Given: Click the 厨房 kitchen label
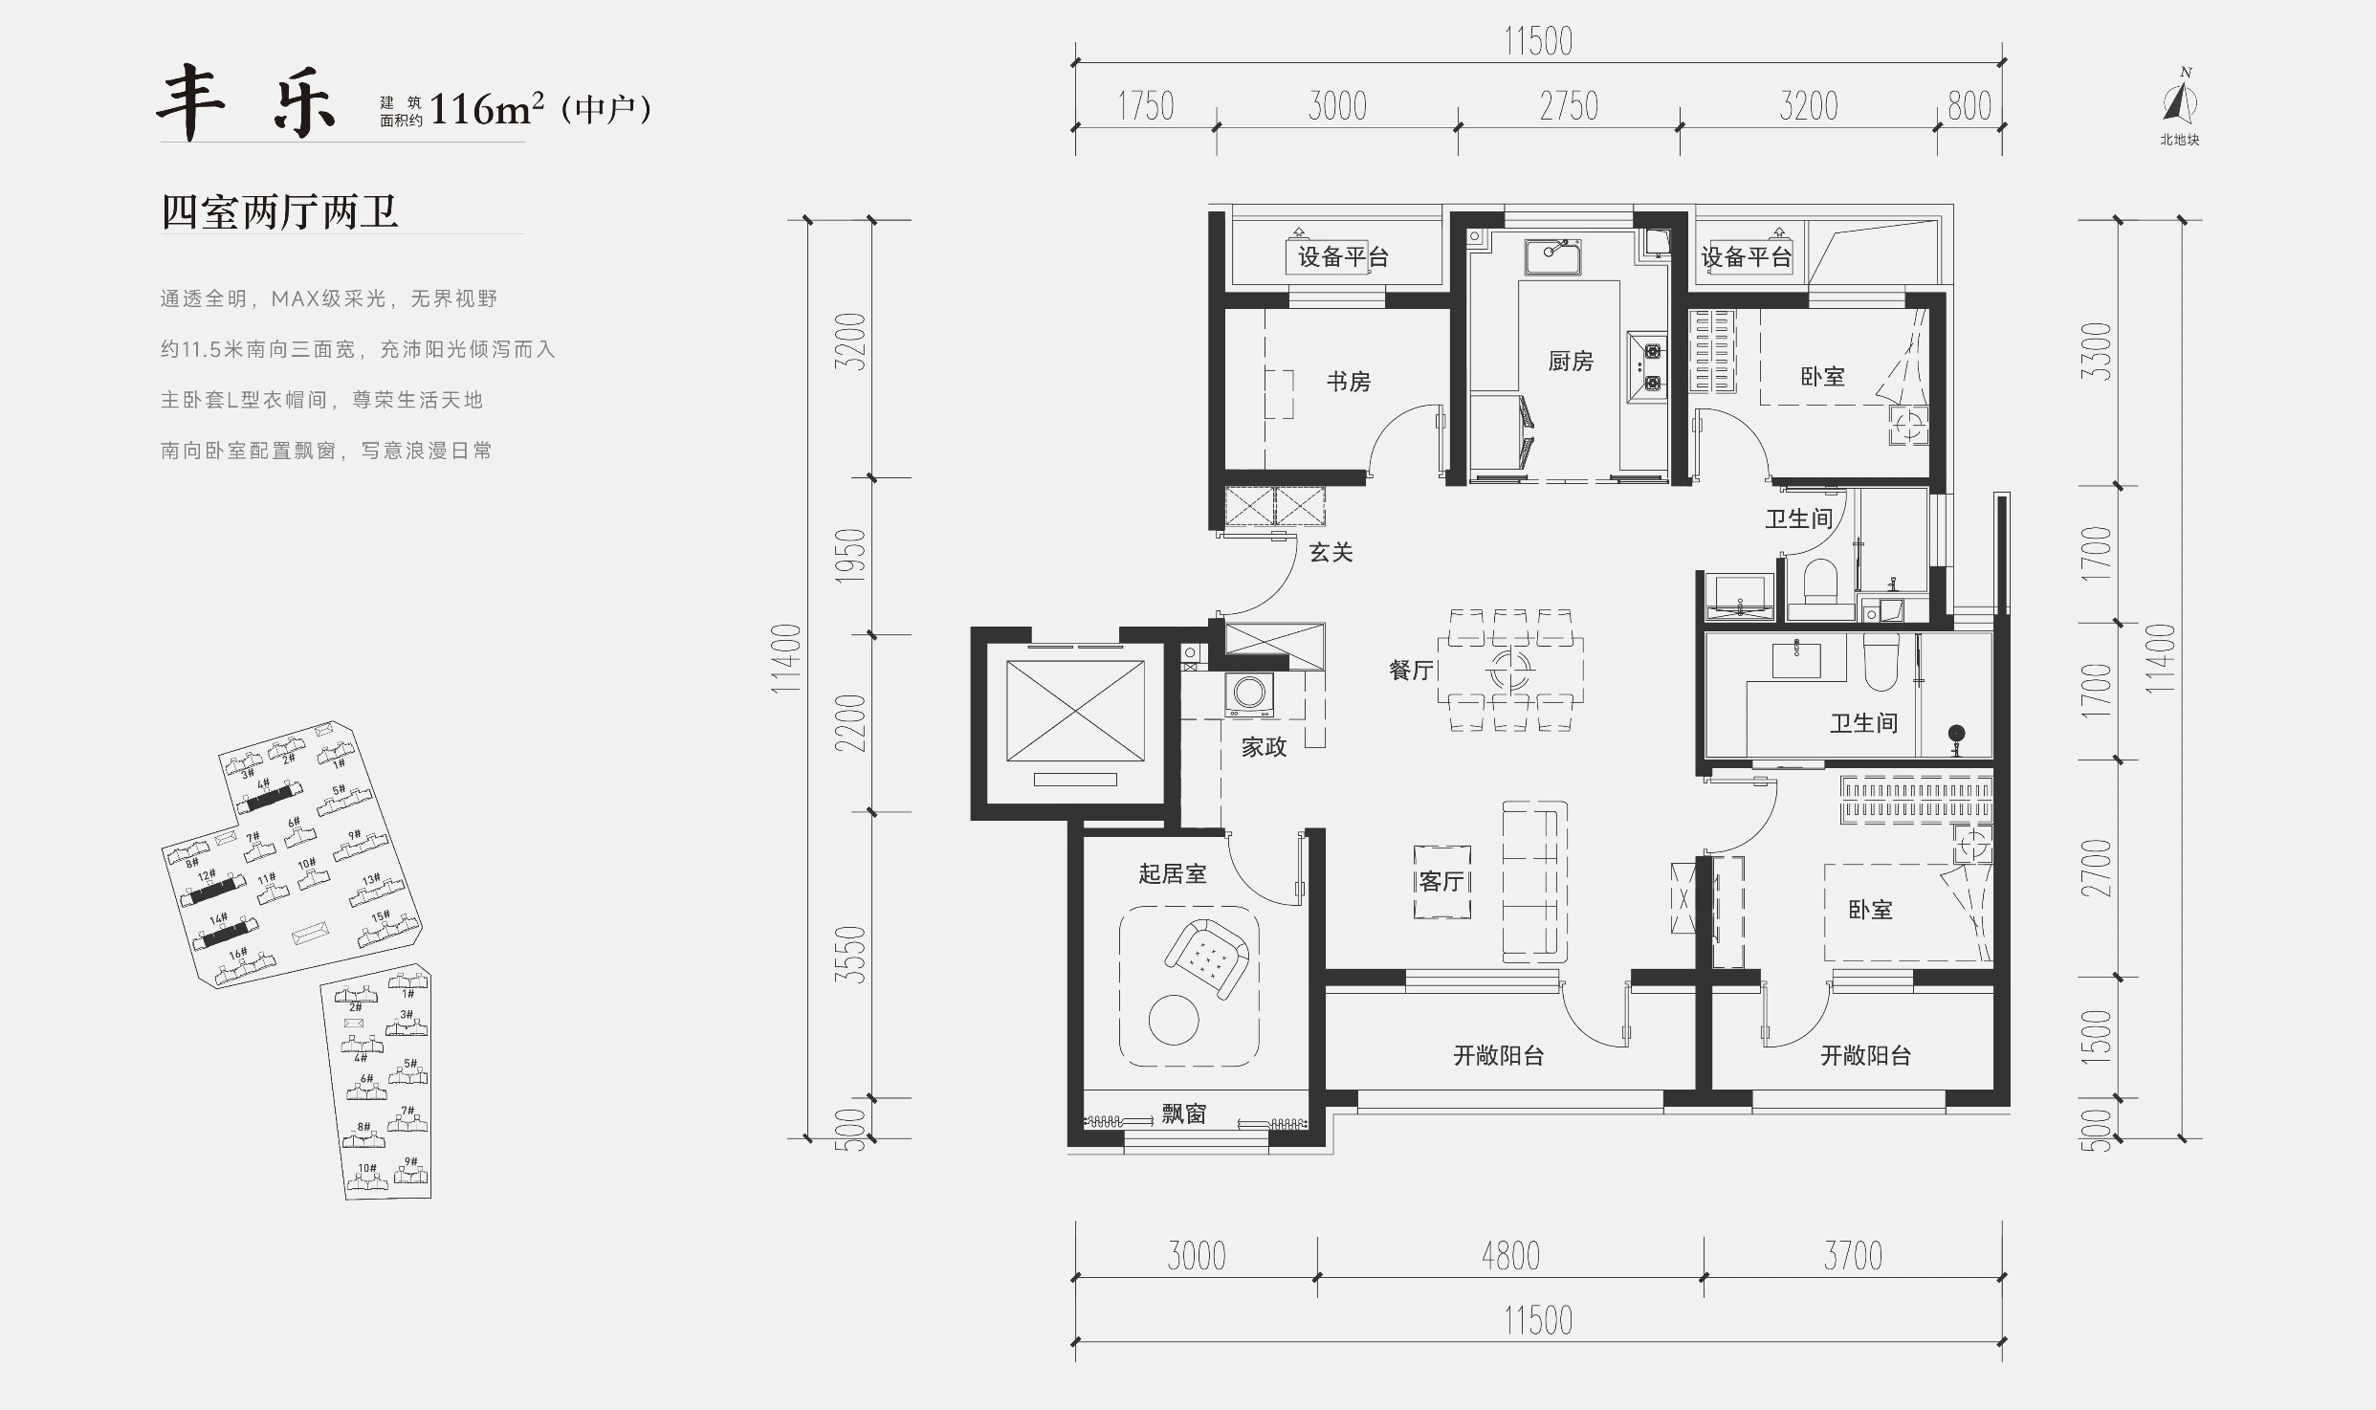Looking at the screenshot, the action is click(x=1571, y=361).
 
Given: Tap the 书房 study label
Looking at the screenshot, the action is click(x=1349, y=382).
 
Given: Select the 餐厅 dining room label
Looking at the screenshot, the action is click(x=1412, y=670).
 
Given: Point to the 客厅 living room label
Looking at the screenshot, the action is click(x=1442, y=881).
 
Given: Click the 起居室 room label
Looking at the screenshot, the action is click(x=1173, y=873).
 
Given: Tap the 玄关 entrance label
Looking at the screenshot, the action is click(x=1331, y=552).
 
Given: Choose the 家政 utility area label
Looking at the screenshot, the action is click(x=1264, y=747).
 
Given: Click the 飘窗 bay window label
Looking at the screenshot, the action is click(x=1184, y=1113).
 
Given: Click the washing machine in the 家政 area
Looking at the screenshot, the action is click(x=1249, y=694).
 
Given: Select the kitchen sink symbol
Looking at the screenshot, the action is click(x=1552, y=256).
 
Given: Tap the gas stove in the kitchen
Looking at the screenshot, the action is click(x=1647, y=366).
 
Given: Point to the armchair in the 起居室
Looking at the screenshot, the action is click(x=1206, y=959).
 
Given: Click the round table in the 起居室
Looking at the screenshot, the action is click(x=1174, y=1021).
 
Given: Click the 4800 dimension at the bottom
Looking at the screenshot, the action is click(x=1510, y=1256).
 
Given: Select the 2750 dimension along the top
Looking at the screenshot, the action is click(x=1569, y=106).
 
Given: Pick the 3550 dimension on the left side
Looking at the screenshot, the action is click(x=850, y=955).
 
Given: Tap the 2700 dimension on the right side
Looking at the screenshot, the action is click(x=2096, y=869).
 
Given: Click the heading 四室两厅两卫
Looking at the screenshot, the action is click(x=279, y=211).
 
